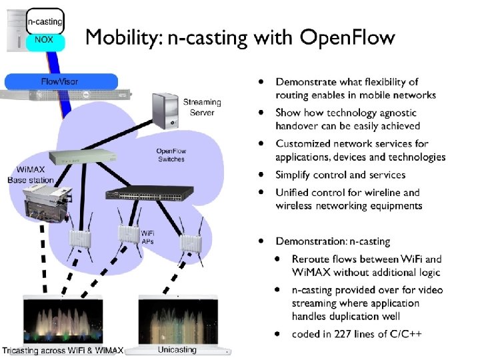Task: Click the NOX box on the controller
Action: coord(45,39)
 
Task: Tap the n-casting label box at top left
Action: coord(45,21)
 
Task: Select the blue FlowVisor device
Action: coord(60,81)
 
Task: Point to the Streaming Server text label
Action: coord(202,107)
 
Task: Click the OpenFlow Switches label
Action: coord(171,155)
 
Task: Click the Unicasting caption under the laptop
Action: coord(177,349)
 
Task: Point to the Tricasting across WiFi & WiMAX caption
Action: coord(63,351)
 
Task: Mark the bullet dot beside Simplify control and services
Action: coord(263,175)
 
